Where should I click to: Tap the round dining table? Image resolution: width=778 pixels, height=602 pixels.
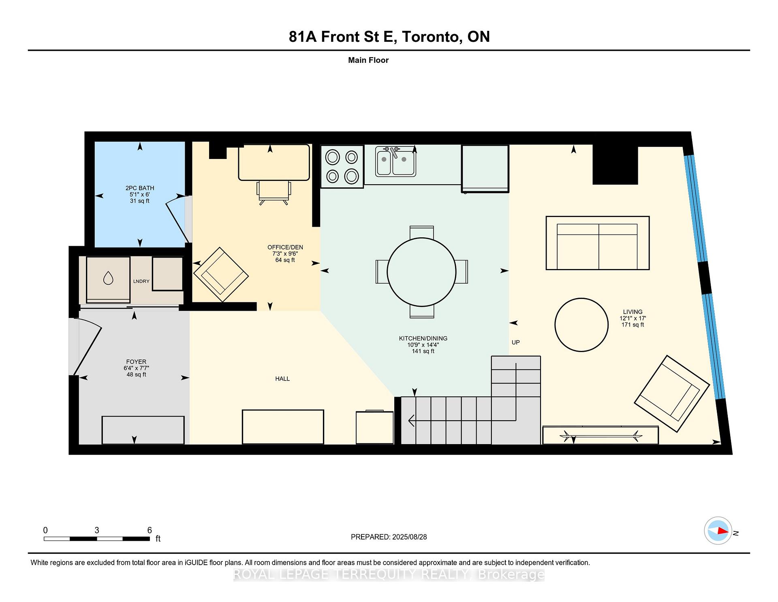point(421,272)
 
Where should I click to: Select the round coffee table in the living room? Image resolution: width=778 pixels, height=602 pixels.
point(581,325)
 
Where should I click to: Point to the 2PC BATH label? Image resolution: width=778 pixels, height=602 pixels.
point(140,188)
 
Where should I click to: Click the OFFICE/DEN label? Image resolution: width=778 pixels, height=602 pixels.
point(285,247)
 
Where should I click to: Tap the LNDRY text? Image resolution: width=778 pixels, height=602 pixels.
point(141,281)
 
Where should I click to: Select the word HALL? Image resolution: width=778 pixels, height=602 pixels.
point(282,379)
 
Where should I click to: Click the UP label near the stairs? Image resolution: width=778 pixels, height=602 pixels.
point(515,342)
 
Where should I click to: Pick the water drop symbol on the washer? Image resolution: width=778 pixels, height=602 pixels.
point(108,278)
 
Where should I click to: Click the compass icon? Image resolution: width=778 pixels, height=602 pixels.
point(718,531)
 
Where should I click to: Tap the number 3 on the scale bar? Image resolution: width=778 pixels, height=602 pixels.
point(97,530)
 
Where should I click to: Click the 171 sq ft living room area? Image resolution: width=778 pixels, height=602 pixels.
point(633,325)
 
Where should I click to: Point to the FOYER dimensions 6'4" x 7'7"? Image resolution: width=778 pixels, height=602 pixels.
point(137,368)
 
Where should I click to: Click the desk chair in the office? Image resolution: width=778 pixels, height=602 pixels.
point(274,193)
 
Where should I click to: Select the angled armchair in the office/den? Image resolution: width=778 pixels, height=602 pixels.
point(221,275)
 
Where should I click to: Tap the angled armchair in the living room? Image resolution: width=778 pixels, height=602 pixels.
point(671,393)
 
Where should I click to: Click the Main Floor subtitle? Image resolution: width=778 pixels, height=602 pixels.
point(368,60)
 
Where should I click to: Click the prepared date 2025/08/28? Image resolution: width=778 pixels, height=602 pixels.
point(409,537)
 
